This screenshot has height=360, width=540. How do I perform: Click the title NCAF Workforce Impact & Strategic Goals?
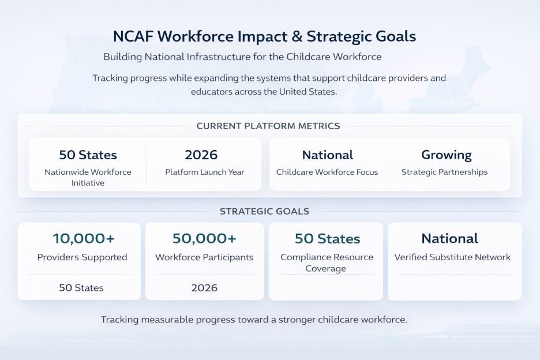point(264,36)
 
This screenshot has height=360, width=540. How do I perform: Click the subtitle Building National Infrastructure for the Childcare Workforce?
point(242,57)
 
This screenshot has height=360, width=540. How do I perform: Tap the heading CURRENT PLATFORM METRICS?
point(268,126)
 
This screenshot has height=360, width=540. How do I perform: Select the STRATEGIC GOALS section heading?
point(264,211)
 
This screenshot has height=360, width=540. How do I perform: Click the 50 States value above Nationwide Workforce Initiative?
point(88,155)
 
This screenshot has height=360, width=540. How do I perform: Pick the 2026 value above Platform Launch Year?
point(201,155)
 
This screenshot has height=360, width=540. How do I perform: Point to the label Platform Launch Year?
point(205,172)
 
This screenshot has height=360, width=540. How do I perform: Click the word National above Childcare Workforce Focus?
point(328,155)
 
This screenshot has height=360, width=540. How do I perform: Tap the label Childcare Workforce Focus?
point(327,172)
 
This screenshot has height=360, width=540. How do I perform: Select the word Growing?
point(447,155)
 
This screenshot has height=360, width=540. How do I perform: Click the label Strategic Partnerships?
point(444,172)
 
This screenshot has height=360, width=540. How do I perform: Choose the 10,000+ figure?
point(84,238)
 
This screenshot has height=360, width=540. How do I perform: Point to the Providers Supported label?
point(82,257)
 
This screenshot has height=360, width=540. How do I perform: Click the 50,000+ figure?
point(204,238)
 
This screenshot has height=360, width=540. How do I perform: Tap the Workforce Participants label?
point(204,257)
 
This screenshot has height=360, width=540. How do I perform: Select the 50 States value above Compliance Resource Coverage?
point(327,239)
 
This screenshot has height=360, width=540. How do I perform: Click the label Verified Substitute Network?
point(452,257)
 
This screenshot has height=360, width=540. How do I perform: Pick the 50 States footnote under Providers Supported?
point(81,288)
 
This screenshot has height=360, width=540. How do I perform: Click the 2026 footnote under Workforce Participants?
point(204,288)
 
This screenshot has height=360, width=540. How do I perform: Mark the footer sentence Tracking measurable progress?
point(254,320)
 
